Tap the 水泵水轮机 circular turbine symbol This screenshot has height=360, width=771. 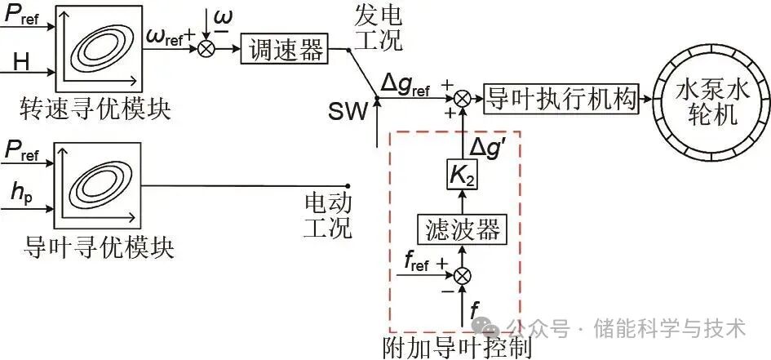coord(706,100)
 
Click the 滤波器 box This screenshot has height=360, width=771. coord(463,229)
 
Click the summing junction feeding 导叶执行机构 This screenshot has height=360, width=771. coord(463,98)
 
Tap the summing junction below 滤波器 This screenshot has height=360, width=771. coord(463,275)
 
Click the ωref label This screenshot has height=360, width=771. coord(168,37)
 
